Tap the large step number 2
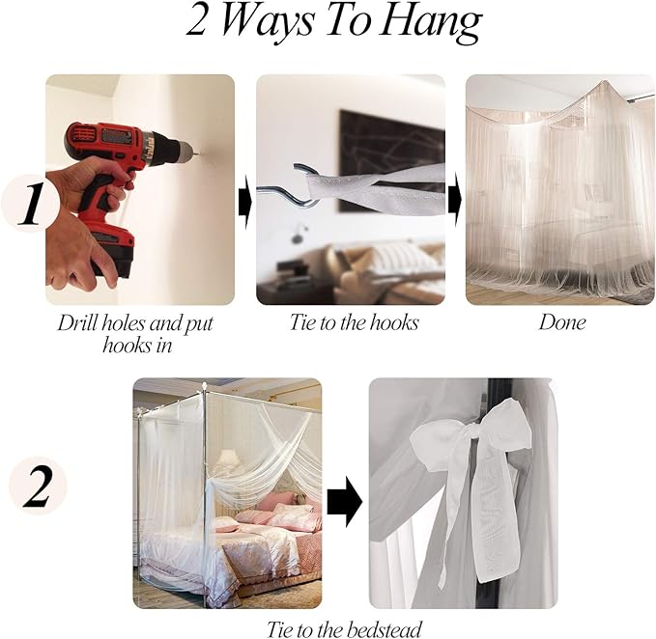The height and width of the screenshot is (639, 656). click(38, 487)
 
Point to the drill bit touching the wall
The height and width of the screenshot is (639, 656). click(195, 156)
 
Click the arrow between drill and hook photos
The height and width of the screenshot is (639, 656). click(245, 203)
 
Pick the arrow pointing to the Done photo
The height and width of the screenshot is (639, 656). click(455, 202)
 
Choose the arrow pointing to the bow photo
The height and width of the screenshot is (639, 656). click(344, 501)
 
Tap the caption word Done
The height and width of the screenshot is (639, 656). click(561, 322)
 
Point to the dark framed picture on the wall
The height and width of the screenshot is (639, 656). click(392, 161)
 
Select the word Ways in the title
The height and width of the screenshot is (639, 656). click(266, 23)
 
